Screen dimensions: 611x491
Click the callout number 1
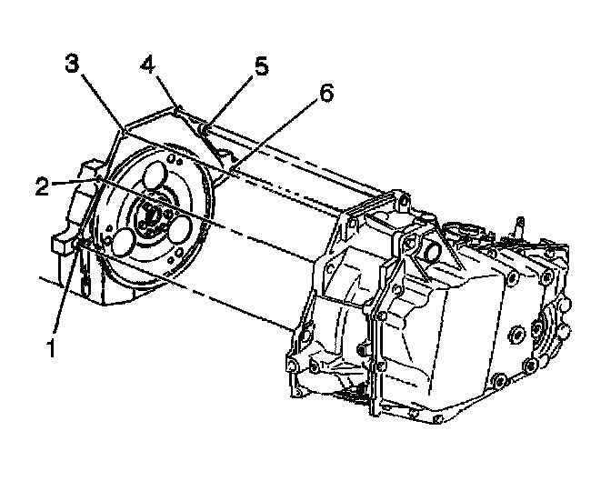tap(53, 347)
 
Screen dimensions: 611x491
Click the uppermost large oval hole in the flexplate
tap(155, 174)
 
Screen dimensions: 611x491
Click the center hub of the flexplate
tap(151, 215)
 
